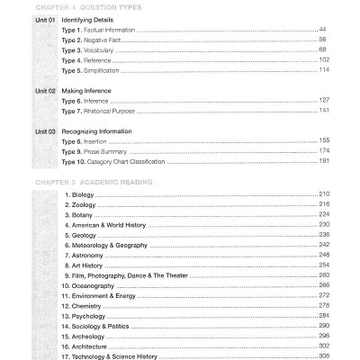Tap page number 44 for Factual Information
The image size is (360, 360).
(x=322, y=31)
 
